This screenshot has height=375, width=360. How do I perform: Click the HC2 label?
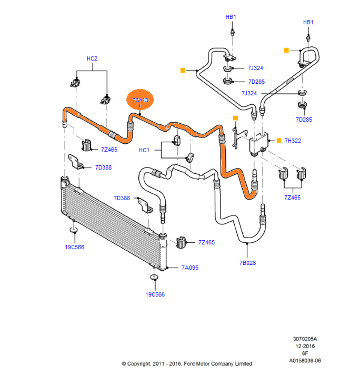(92, 58)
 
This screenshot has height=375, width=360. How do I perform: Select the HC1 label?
(144, 150)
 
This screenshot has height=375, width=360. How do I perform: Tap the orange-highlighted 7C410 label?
(141, 100)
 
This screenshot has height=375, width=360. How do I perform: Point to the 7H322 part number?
(293, 141)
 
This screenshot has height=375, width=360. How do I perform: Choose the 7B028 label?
(247, 262)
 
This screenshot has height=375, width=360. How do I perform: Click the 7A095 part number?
(190, 268)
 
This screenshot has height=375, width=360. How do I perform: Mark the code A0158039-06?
(305, 361)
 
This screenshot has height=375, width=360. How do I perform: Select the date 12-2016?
(305, 346)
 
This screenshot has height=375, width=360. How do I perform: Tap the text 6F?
(305, 354)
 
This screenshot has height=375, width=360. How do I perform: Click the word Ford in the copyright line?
(189, 364)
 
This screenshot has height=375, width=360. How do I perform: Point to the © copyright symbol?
(124, 364)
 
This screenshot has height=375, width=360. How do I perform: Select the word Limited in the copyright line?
(243, 364)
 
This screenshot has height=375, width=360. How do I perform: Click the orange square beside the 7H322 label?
(279, 141)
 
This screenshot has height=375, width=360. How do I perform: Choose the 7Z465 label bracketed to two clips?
(292, 198)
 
